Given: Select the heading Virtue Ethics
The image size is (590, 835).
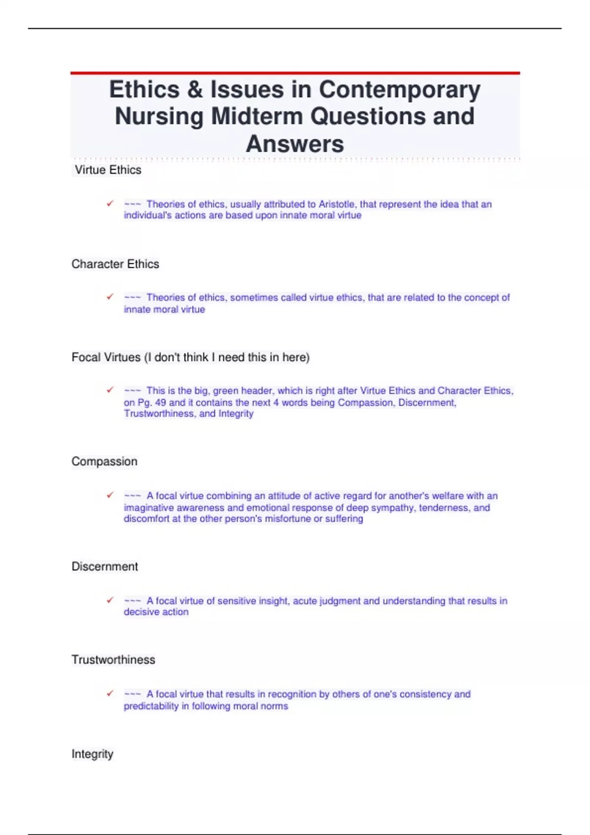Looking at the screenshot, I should coord(108,170).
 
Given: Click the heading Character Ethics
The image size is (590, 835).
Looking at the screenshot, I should coord(115,264).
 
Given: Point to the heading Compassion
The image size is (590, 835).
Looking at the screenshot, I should coord(104,462).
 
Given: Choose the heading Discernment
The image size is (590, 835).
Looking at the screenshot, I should coord(105,567).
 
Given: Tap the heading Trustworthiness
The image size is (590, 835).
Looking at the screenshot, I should coord(113,660).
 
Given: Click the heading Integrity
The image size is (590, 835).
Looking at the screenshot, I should coord(92,754).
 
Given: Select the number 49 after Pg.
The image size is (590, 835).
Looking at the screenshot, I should coord(160,403).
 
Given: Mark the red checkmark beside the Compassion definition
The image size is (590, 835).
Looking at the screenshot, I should coord(110,495).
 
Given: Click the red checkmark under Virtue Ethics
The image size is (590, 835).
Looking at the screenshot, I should coord(110,203).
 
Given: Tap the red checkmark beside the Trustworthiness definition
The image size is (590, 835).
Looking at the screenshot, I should coord(110,694).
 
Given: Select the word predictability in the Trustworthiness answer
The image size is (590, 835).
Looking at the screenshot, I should coord(151,706).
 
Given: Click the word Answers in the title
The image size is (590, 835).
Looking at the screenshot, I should coord(295,144).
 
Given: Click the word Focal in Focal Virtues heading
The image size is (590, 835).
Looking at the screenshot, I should coord(86,358).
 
